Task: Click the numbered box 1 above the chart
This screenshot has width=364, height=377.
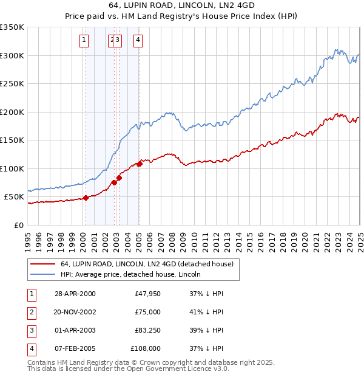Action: pyautogui.click(x=84, y=41)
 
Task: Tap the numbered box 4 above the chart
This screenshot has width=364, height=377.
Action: pyautogui.click(x=138, y=41)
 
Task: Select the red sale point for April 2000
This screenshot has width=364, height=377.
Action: pyautogui.click(x=86, y=198)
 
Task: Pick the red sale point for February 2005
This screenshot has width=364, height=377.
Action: pyautogui.click(x=140, y=164)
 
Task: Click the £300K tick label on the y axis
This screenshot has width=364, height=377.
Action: pyautogui.click(x=12, y=55)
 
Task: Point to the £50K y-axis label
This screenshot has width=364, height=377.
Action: pyautogui.click(x=14, y=197)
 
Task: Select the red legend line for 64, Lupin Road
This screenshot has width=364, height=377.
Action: pyautogui.click(x=43, y=264)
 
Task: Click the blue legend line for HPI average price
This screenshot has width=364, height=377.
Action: pyautogui.click(x=43, y=274)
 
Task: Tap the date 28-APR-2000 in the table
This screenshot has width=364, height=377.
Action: pyautogui.click(x=75, y=294)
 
